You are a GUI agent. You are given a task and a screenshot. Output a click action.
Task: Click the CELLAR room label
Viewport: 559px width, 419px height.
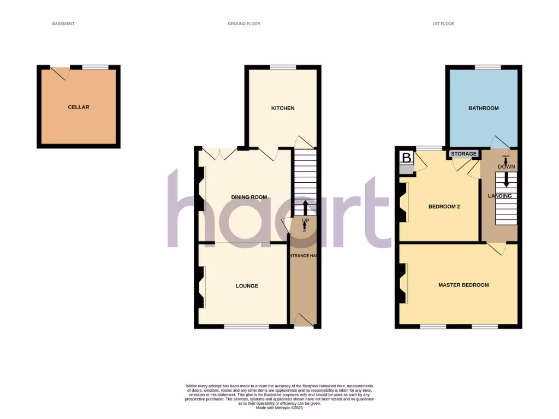[x=78, y=107]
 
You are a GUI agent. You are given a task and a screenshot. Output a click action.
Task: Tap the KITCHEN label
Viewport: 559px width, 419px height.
[x=283, y=109]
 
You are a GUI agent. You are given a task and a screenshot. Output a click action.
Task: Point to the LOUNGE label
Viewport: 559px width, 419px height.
[x=247, y=286]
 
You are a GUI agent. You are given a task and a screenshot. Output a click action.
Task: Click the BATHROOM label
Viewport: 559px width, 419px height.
[x=483, y=109]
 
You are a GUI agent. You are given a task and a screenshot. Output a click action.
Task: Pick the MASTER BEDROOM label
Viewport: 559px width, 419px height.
[x=463, y=285]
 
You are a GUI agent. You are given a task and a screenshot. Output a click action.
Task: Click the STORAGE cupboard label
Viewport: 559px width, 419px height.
[x=463, y=154]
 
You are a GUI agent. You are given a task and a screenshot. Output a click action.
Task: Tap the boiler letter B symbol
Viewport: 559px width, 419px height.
[x=406, y=158]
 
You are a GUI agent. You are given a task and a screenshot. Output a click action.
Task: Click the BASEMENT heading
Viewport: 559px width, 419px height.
[x=63, y=24]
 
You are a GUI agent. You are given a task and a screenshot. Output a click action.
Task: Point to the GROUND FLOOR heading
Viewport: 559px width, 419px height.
[x=244, y=24]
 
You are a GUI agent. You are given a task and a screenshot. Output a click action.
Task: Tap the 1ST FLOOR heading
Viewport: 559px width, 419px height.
[x=443, y=24]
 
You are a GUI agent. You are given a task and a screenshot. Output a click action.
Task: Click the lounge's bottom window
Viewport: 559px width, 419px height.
[x=246, y=327]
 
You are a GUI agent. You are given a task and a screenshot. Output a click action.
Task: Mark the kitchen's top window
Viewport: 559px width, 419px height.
[x=283, y=67]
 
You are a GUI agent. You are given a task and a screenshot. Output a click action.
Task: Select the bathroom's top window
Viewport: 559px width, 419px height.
[x=487, y=67]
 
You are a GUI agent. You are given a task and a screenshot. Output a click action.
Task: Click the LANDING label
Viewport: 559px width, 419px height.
[x=499, y=196]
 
